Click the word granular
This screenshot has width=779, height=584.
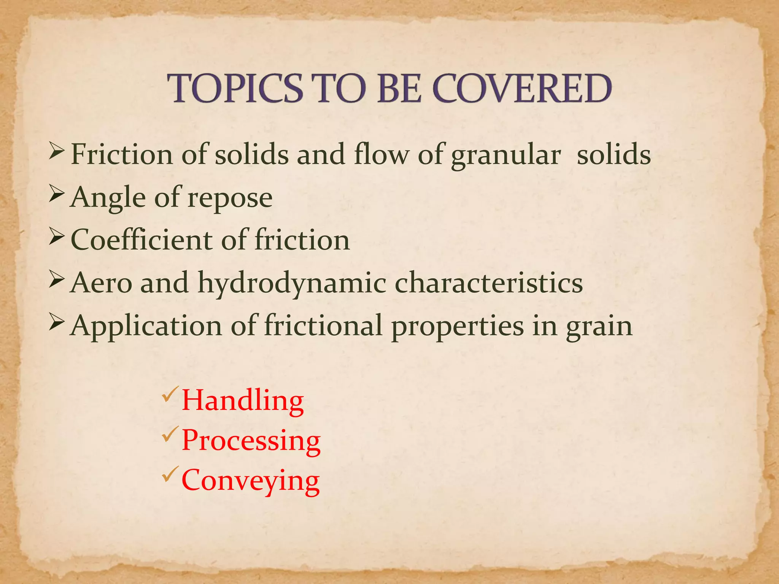click(x=506, y=156)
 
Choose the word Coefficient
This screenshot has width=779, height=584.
click(x=142, y=240)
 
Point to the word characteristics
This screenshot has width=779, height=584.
click(x=489, y=283)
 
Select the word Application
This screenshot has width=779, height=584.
click(x=146, y=326)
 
